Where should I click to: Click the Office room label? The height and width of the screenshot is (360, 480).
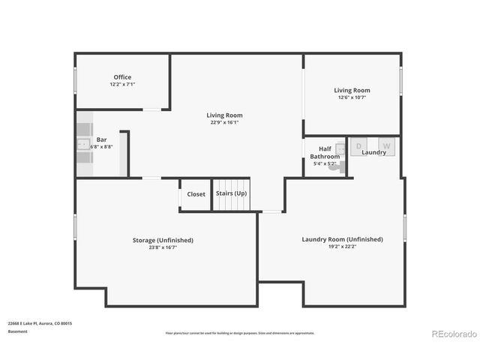point(122,77)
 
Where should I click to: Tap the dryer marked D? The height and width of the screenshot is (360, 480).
point(358,145)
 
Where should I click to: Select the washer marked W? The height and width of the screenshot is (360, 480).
point(387,145)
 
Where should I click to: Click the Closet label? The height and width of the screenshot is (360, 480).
point(196,194)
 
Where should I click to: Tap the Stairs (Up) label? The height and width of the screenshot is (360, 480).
point(231,193)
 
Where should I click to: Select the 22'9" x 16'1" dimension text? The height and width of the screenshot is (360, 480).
point(224,122)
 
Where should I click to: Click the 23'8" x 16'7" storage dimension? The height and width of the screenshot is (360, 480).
point(163,247)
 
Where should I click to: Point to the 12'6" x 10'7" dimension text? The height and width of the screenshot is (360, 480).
point(352,97)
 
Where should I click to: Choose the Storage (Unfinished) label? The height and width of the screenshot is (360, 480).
point(163,240)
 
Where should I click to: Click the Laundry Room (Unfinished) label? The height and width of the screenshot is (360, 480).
point(342,239)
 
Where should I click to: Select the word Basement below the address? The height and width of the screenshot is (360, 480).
point(17,331)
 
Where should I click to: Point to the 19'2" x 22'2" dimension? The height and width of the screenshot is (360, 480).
point(342,247)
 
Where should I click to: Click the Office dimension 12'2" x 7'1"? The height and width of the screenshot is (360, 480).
point(122,84)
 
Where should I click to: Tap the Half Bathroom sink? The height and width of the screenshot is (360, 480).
point(340,150)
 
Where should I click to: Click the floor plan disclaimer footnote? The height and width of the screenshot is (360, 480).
point(240,333)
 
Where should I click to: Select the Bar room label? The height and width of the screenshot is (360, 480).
point(101,140)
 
